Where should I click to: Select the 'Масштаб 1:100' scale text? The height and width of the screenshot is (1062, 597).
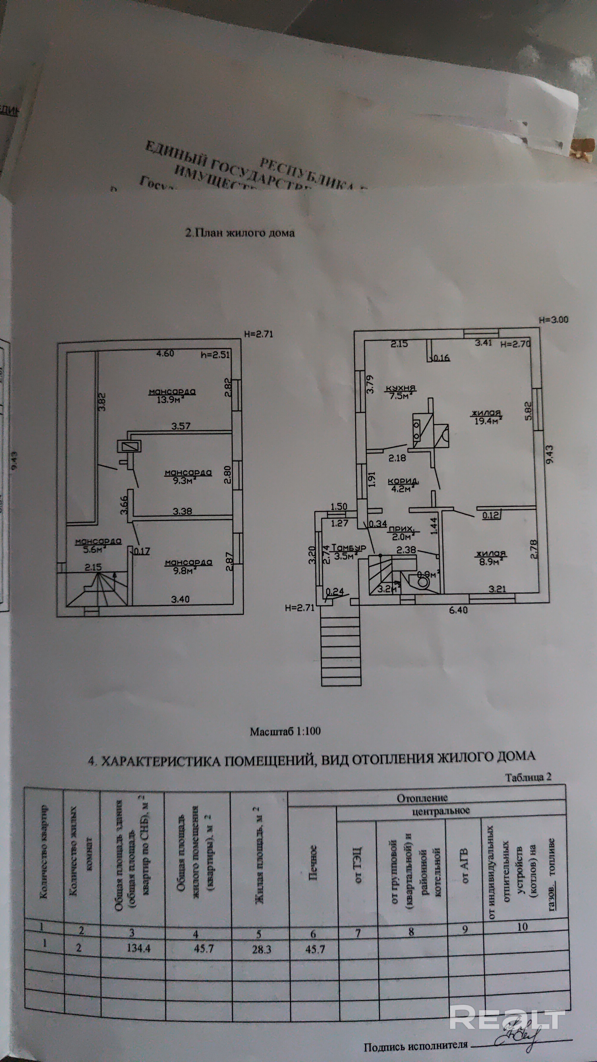(x=285, y=731)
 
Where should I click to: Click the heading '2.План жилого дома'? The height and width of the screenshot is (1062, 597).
(x=240, y=233)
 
